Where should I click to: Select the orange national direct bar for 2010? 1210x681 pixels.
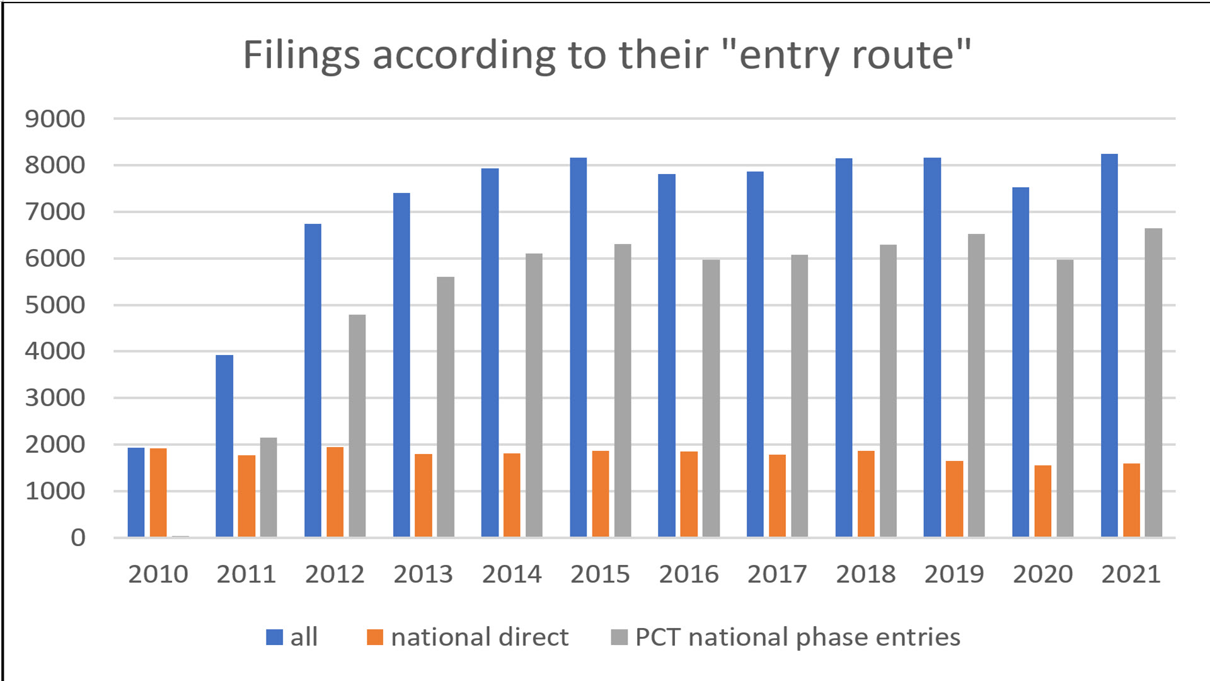(x=158, y=492)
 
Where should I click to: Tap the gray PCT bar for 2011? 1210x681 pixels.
(x=268, y=487)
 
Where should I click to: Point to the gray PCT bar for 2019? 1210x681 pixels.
(x=976, y=385)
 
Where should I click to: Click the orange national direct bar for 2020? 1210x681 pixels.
(x=1042, y=501)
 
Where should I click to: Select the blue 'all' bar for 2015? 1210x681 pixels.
(x=578, y=347)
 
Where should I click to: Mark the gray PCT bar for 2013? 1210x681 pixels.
(x=446, y=407)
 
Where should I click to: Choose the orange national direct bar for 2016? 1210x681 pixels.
(x=689, y=494)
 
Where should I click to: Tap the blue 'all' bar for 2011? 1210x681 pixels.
(x=224, y=446)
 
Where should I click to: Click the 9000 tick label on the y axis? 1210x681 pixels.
(x=55, y=119)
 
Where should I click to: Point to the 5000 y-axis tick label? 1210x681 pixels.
(x=55, y=305)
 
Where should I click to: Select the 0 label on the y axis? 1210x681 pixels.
(x=78, y=538)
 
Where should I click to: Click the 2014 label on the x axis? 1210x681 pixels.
(x=512, y=574)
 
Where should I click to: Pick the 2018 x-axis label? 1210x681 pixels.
(x=865, y=574)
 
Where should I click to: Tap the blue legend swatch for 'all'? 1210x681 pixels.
(x=274, y=637)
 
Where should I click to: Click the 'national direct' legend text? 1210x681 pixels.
(x=480, y=637)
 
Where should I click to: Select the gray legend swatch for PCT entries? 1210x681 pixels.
(x=619, y=637)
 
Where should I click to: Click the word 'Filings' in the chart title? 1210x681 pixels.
(x=301, y=55)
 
